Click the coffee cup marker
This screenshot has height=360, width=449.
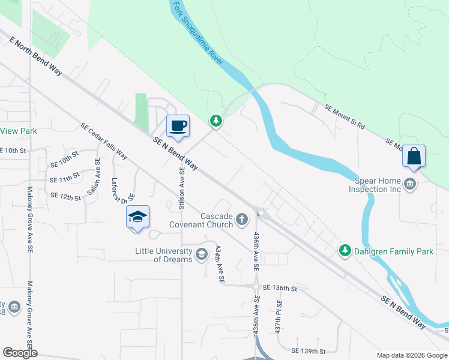[x=178, y=127]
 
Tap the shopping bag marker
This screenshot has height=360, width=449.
[x=414, y=157]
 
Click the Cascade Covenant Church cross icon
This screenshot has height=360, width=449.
[x=242, y=220]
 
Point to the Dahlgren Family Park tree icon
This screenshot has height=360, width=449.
[x=345, y=250]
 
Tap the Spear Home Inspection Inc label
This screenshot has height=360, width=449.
[x=369, y=184]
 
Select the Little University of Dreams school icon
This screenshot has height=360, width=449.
[x=202, y=254]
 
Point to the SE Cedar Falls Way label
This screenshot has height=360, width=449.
[x=104, y=142]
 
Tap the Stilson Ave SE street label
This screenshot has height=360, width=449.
[x=182, y=187]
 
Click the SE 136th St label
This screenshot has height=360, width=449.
[x=280, y=289]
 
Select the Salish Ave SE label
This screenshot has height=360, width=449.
[x=92, y=175]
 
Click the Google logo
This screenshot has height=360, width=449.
[x=20, y=353]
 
